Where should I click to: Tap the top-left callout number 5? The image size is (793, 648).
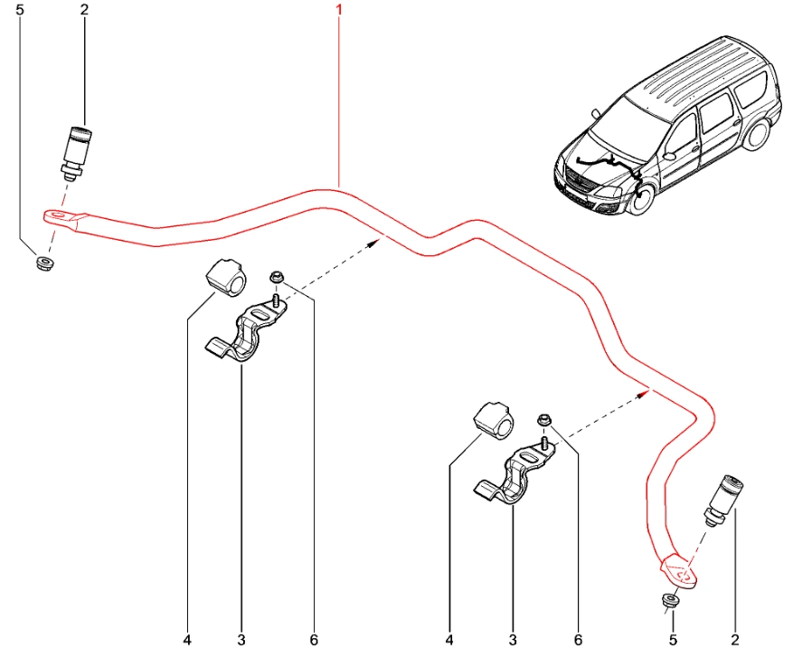pos(21,10)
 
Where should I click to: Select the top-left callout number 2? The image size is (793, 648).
pos(84,10)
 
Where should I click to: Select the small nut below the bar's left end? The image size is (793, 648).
pos(42,263)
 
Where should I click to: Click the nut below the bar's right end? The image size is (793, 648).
pos(668,600)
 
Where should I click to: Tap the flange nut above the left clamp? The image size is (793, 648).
pos(276,277)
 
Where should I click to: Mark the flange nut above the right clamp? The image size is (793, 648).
pos(545,420)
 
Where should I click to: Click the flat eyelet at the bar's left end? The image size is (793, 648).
pos(62,216)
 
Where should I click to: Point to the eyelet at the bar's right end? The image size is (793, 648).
pos(677,571)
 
